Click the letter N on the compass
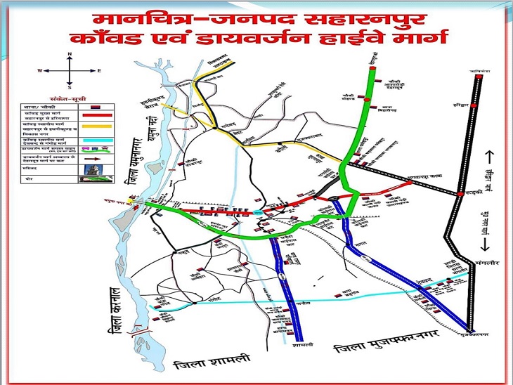tap(70, 54)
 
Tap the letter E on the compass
tap(99, 71)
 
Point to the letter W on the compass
tap(40, 71)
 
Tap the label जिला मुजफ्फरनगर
tap(383, 348)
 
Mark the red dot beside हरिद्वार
tap(474, 105)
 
